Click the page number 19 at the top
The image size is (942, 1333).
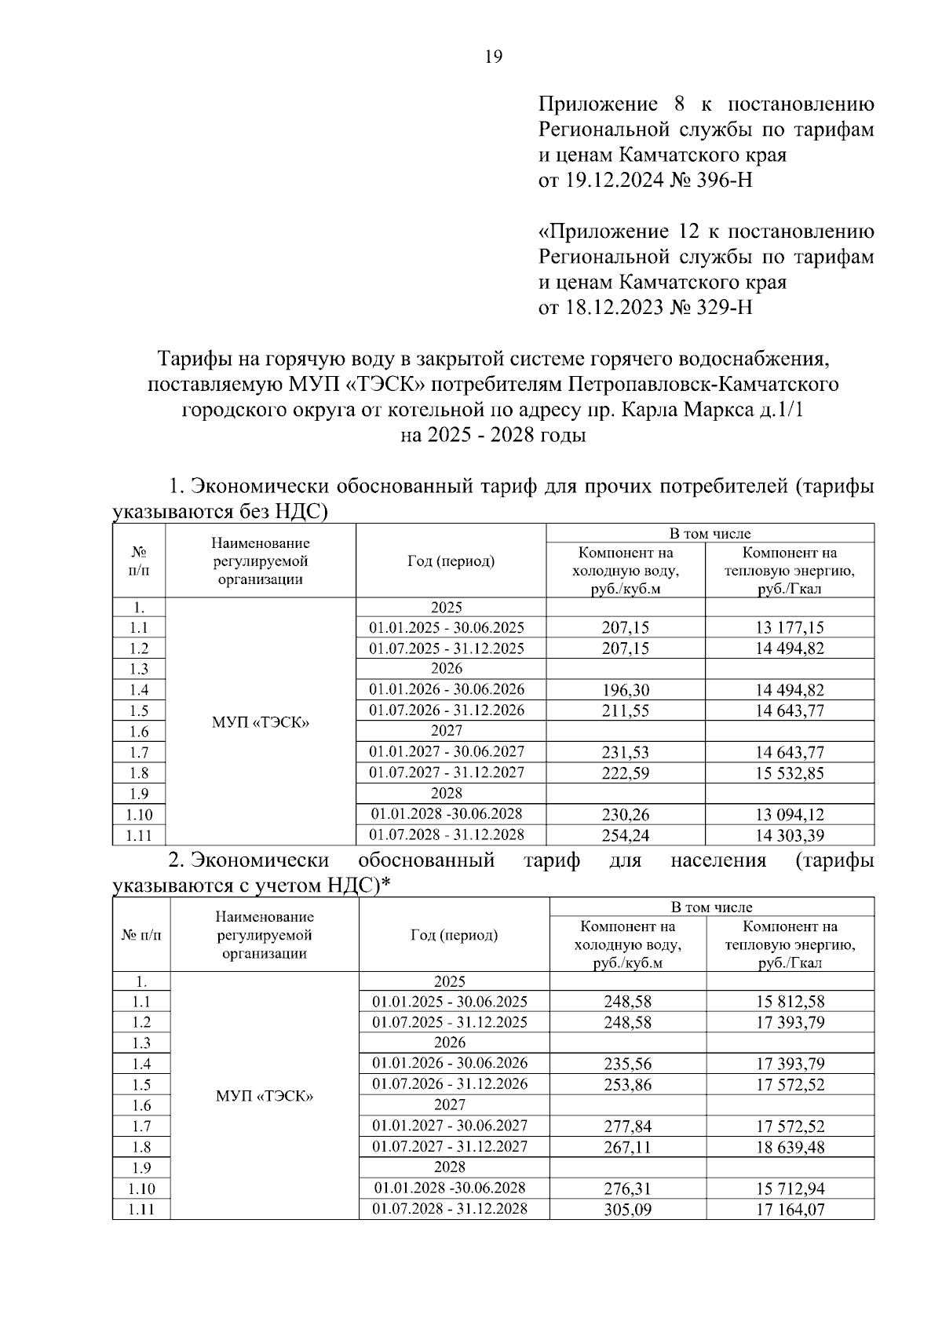click(494, 57)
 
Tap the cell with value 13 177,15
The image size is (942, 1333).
click(790, 627)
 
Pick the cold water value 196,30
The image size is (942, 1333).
click(626, 690)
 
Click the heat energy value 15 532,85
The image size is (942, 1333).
click(790, 773)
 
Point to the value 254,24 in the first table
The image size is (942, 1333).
click(626, 835)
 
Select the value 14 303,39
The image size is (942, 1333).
click(790, 835)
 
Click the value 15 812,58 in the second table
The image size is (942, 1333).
click(790, 1002)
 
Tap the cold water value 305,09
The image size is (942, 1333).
click(627, 1210)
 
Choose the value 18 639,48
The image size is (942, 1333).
click(790, 1148)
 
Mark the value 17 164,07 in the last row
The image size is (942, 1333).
click(790, 1210)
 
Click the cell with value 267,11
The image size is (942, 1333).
click(627, 1148)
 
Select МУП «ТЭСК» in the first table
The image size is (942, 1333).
click(261, 722)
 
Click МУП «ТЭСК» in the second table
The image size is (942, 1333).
click(265, 1096)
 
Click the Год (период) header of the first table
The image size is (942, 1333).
click(451, 561)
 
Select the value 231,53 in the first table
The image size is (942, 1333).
click(626, 752)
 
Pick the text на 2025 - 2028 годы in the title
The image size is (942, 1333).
click(493, 435)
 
